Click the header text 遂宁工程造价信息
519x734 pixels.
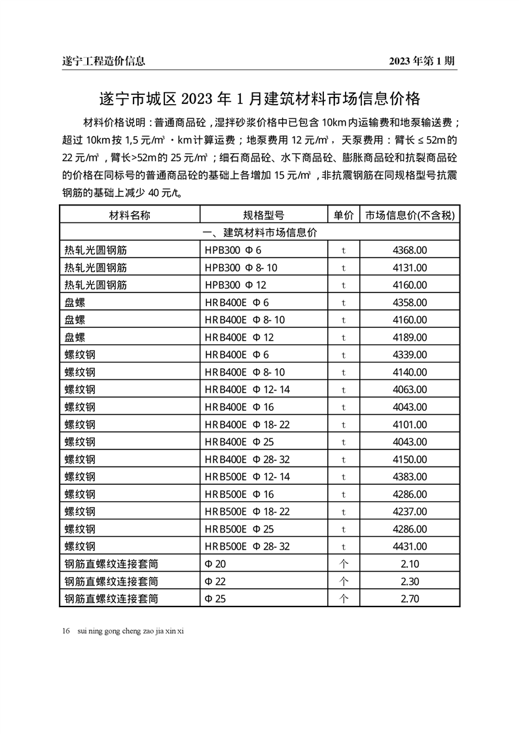(103, 61)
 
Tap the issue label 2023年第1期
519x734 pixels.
(421, 61)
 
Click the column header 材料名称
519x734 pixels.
(130, 215)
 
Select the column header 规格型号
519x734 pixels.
(263, 215)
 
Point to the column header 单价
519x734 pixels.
(344, 215)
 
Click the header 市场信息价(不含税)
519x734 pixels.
(410, 215)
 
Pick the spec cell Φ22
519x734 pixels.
(215, 581)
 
